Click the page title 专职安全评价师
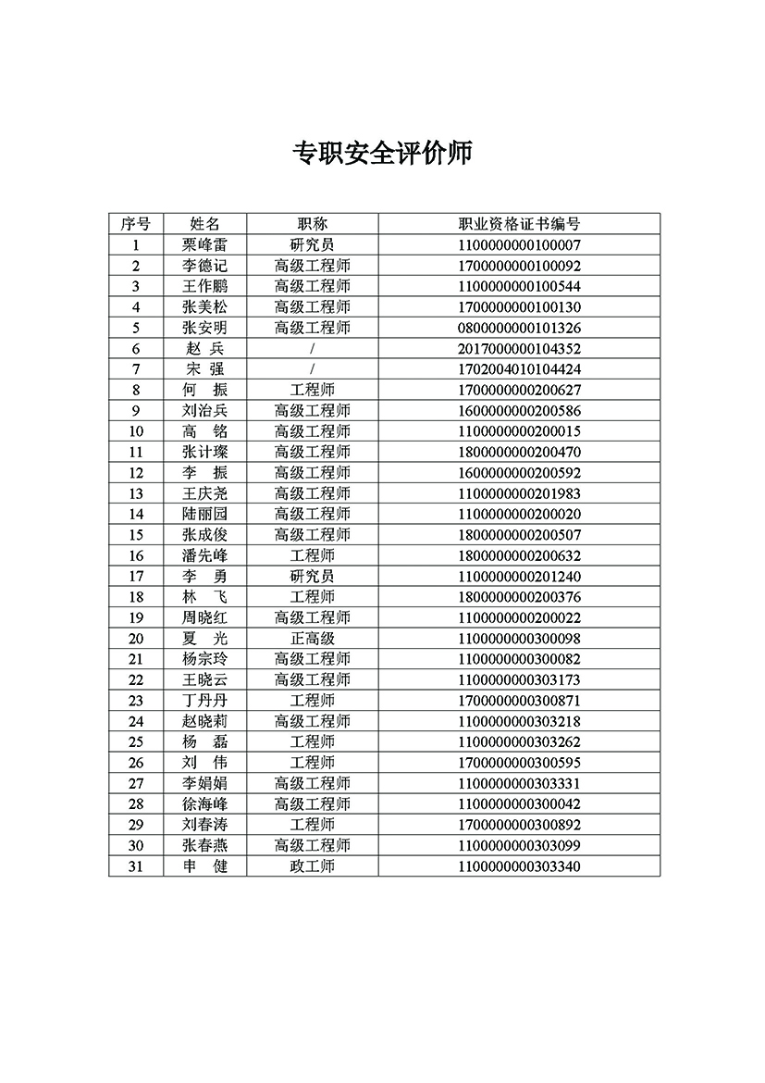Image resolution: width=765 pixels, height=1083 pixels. pos(382,153)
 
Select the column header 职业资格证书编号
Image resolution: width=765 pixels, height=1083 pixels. pos(519,224)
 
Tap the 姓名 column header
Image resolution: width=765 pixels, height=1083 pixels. pos(204,224)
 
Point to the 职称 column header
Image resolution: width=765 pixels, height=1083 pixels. pos(313,224)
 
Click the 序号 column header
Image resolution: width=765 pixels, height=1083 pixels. pos(136,224)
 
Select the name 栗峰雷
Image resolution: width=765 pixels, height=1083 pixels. pos(204,245)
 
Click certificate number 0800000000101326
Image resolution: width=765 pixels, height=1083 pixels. pos(519,328)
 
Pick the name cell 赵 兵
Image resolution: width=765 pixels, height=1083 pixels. pos(204,349)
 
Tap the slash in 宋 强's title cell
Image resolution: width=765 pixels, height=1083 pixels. pos(313,369)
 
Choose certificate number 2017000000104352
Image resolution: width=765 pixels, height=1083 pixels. pos(519,349)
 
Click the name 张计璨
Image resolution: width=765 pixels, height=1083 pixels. pos(204,452)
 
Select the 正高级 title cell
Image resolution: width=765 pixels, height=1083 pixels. pos(313,639)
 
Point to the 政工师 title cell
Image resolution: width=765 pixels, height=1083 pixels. pos(313,866)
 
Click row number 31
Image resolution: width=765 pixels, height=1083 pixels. pos(136,866)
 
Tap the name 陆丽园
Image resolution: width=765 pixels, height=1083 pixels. pos(204,514)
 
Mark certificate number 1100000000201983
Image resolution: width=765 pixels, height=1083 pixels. pos(519,493)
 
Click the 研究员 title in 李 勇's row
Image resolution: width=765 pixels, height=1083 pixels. pos(313,576)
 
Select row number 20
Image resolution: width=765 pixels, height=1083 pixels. pos(136,639)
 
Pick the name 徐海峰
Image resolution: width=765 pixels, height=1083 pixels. pos(204,804)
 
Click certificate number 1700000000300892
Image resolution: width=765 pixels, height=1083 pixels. pos(519,825)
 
